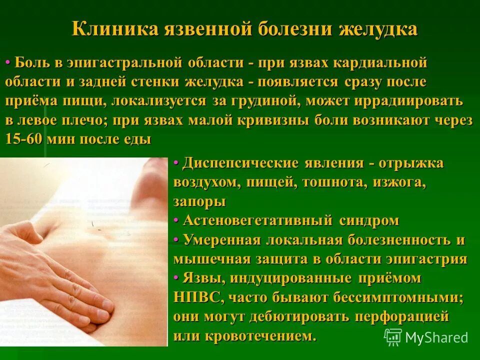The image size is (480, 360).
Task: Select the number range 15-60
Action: [x=23, y=138]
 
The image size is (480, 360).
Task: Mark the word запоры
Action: [x=199, y=201]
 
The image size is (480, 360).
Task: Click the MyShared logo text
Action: [x=436, y=337]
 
